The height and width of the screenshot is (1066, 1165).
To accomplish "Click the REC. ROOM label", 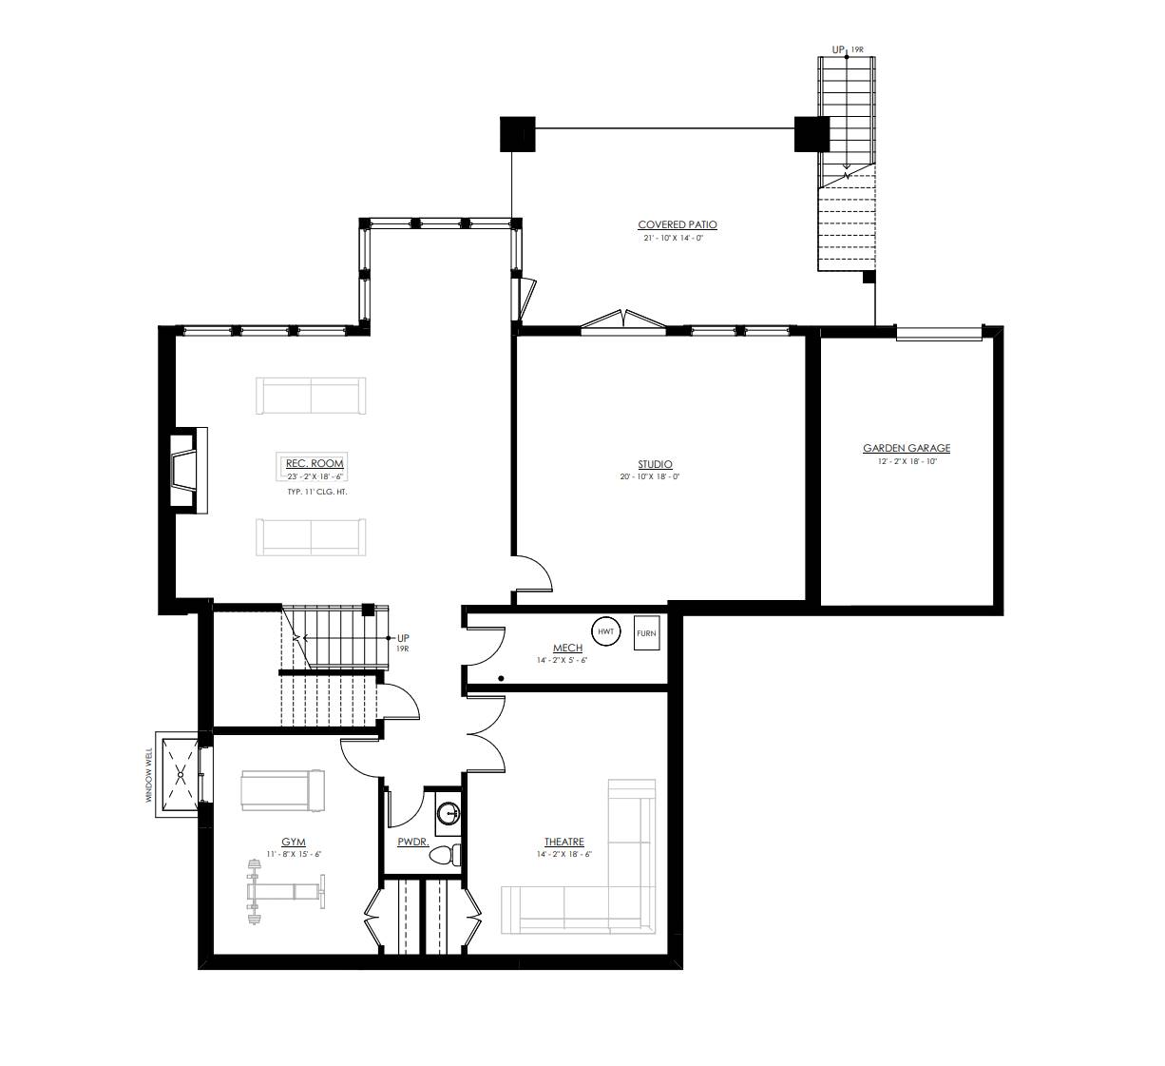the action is pyautogui.click(x=315, y=463).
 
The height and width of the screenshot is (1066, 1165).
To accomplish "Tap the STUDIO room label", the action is pyautogui.click(x=655, y=464).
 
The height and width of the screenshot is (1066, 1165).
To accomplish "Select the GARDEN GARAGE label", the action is pyautogui.click(x=907, y=448).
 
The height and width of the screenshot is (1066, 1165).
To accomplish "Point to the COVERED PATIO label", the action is pyautogui.click(x=678, y=224).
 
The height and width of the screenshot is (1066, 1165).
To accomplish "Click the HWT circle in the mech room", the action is pyautogui.click(x=605, y=631).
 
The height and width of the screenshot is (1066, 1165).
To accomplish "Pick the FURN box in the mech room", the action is pyautogui.click(x=646, y=633).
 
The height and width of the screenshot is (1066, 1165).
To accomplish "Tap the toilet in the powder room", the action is pyautogui.click(x=445, y=854).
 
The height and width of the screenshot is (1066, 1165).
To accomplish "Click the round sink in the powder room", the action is pyautogui.click(x=449, y=813).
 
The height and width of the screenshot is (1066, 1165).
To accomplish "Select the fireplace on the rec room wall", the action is pyautogui.click(x=188, y=470).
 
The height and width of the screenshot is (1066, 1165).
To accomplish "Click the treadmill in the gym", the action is pyautogui.click(x=283, y=790).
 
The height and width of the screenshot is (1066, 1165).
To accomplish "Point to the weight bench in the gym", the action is pyautogui.click(x=285, y=892).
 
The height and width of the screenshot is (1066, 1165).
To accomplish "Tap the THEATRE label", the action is pyautogui.click(x=563, y=842).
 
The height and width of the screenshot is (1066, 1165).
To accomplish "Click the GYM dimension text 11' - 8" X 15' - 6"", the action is pyautogui.click(x=294, y=854).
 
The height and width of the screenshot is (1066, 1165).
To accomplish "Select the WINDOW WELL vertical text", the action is pyautogui.click(x=148, y=775).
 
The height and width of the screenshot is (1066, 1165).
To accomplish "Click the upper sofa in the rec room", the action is pyautogui.click(x=311, y=396).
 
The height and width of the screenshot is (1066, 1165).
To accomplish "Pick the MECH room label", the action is pyautogui.click(x=567, y=649).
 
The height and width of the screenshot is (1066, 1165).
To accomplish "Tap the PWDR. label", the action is pyautogui.click(x=413, y=842).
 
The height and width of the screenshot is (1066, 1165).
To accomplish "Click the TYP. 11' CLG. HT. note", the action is pyautogui.click(x=317, y=492).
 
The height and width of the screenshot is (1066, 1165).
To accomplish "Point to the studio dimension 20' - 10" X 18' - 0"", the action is pyautogui.click(x=650, y=476).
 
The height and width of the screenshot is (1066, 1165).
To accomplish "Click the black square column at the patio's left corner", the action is pyautogui.click(x=518, y=134).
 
